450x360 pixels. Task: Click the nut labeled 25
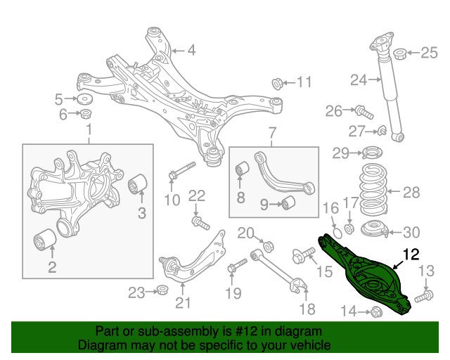399,53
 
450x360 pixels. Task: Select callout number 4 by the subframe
191,50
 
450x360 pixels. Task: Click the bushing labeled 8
242,170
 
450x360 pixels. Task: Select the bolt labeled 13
422,298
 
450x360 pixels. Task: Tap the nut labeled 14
375,310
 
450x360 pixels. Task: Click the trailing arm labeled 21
190,264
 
